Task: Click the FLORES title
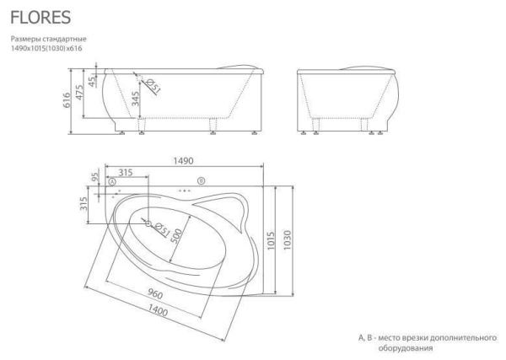coord(40,18)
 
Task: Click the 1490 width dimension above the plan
coord(183,161)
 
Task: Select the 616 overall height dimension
coord(66,100)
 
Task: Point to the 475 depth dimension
coord(80,92)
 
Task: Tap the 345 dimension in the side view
coord(136,99)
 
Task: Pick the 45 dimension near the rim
coord(93,81)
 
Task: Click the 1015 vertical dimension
coord(271,240)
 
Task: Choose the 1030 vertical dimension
coord(288,239)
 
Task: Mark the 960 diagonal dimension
coord(155,293)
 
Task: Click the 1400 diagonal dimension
coord(158,310)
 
